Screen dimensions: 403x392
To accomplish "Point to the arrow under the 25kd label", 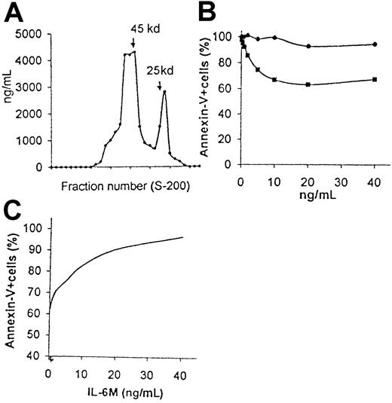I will tap(161, 87).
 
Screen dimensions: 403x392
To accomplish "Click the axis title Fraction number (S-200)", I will tap(117, 186).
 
